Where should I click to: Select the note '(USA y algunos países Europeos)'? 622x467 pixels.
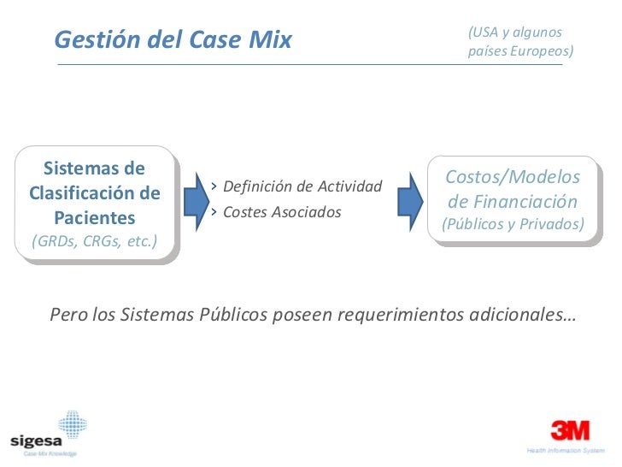click(x=520, y=42)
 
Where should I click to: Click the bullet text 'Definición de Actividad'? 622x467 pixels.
click(x=302, y=186)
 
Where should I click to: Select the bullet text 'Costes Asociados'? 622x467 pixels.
click(x=281, y=211)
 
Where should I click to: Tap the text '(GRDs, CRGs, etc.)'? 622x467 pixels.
click(x=94, y=241)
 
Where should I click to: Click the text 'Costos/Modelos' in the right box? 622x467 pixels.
click(x=513, y=177)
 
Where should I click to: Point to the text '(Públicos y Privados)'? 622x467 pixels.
click(x=513, y=224)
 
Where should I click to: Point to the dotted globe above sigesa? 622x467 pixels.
click(x=72, y=423)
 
